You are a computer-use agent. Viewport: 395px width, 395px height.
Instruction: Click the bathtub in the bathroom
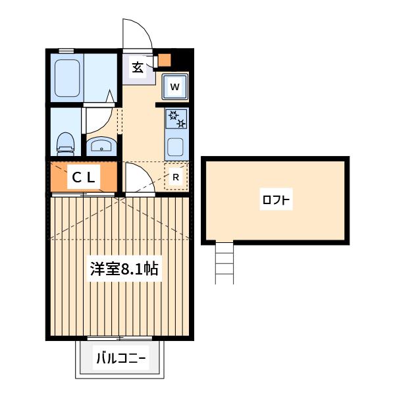pyautogui.click(x=67, y=78)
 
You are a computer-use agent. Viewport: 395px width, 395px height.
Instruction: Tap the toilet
pyautogui.click(x=66, y=144)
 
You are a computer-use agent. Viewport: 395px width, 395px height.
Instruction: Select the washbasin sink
pyautogui.click(x=101, y=146)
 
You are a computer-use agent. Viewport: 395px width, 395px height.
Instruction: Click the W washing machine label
pyautogui.click(x=175, y=87)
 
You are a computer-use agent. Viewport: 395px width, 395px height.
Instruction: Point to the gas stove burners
pyautogui.click(x=176, y=118)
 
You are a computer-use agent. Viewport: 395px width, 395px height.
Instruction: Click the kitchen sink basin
pyautogui.click(x=176, y=147)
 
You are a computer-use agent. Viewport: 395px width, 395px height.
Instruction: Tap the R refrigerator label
pyautogui.click(x=176, y=177)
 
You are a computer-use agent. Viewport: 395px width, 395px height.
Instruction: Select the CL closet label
pyautogui.click(x=84, y=178)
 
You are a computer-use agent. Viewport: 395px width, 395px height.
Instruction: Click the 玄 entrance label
pyautogui.click(x=138, y=68)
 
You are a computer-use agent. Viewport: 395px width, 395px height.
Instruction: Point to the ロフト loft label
pyautogui.click(x=276, y=199)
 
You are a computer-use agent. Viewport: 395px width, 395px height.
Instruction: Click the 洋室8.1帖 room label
pyautogui.click(x=124, y=269)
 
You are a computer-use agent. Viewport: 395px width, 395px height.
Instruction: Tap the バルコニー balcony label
pyautogui.click(x=121, y=358)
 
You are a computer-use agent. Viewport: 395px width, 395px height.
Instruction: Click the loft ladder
pyautogui.click(x=224, y=262)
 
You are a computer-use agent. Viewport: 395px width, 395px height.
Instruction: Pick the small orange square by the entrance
pyautogui.click(x=165, y=60)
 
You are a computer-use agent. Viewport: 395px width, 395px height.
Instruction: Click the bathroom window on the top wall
pyautogui.click(x=66, y=51)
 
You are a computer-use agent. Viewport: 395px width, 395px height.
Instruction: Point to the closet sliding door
pyautogui.click(x=83, y=195)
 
